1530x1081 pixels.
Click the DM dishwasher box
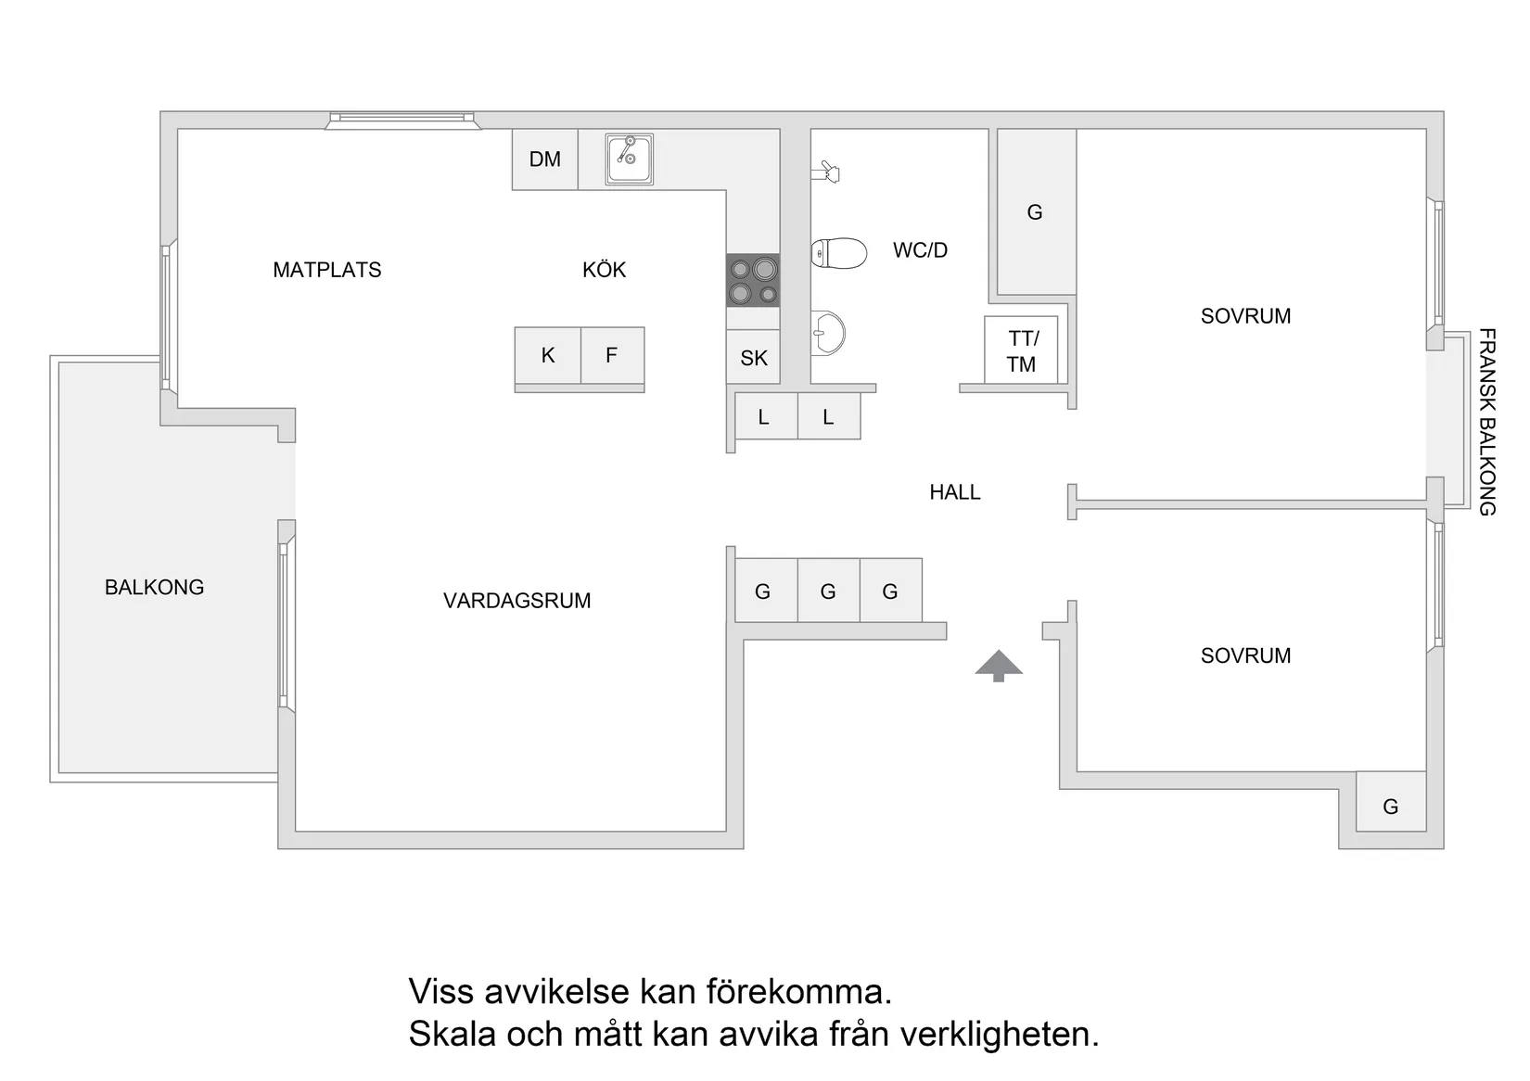(545, 159)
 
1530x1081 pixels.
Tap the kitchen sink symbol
(630, 159)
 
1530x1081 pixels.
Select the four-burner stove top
(753, 280)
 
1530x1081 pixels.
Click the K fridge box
(548, 355)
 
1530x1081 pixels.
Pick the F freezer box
(612, 355)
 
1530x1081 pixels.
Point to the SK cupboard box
(753, 358)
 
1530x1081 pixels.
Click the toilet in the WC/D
(838, 253)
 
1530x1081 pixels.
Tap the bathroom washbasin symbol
(828, 333)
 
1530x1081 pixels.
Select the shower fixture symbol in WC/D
(826, 172)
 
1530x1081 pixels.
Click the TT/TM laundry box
(1022, 350)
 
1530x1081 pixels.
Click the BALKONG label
(154, 587)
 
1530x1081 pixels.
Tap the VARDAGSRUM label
(516, 601)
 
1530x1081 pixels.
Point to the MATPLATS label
(326, 270)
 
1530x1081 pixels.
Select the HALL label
(954, 492)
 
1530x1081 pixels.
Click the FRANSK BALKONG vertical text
(1486, 422)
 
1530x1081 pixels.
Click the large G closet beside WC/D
(1035, 212)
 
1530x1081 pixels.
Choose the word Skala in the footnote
(452, 1034)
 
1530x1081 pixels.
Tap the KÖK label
(604, 270)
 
